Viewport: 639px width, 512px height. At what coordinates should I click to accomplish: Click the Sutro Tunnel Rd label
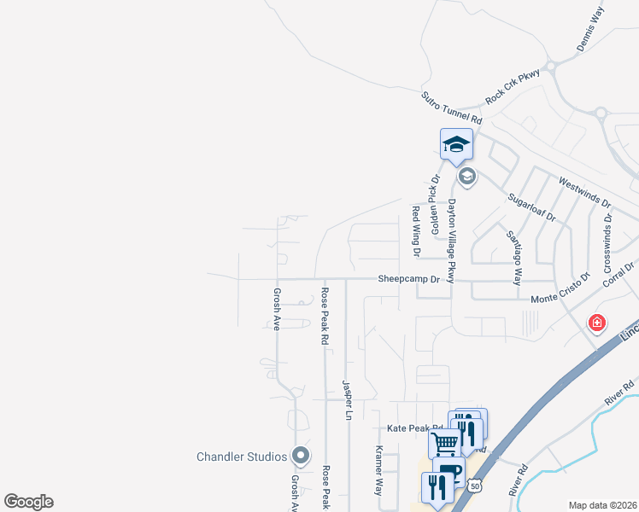pos(452,110)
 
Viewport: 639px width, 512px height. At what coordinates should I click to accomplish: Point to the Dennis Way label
pos(590,31)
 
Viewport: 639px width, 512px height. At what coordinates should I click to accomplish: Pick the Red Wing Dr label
pos(417,231)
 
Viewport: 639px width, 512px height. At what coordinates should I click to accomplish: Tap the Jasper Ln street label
pos(347,400)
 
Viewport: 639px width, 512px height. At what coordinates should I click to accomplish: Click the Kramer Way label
pos(379,470)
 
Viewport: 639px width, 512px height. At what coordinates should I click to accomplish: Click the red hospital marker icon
pos(596,323)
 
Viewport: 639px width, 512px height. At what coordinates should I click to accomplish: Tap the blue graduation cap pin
pos(456,143)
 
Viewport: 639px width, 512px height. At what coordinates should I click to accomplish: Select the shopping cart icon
pos(444,443)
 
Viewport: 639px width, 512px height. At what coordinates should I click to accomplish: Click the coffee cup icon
pos(449,472)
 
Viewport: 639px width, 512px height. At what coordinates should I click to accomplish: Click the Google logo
pos(29,501)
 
